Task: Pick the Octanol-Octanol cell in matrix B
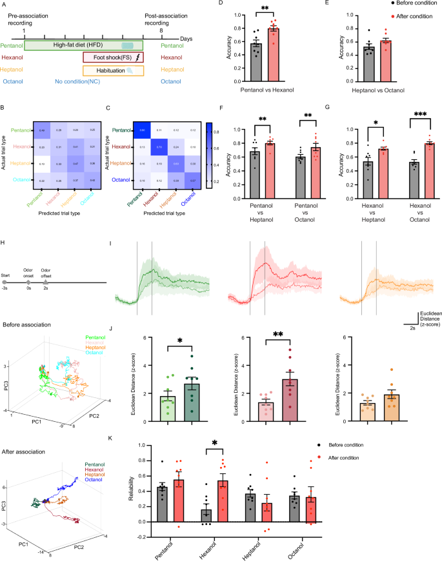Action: click(x=94, y=180)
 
